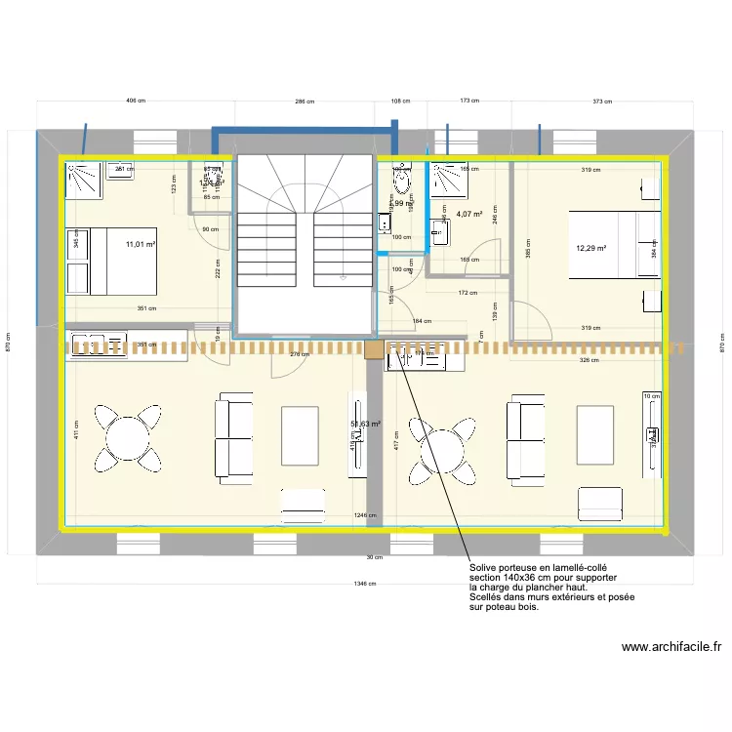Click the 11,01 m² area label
coord(141,245)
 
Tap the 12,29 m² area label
coord(591,249)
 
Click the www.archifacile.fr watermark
coord(671,646)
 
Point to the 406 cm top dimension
coord(136,101)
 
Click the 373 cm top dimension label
coord(602,101)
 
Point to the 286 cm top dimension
coord(305,101)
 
